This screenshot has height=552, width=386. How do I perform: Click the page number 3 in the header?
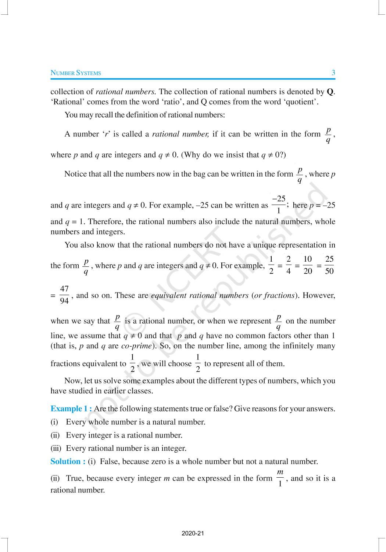coord(333,72)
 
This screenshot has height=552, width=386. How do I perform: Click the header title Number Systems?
coord(76,73)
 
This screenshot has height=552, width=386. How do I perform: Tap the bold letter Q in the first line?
coord(330,92)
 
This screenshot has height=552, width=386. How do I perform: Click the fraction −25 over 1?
coord(279,205)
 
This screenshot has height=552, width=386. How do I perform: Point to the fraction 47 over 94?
coord(64,295)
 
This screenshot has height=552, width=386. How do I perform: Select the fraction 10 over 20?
coord(308,265)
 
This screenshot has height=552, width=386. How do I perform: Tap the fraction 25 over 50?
coord(329,265)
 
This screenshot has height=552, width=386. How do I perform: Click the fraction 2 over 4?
coord(289,265)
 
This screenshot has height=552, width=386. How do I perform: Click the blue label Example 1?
coord(71,408)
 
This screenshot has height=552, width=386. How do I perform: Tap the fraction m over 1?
coord(280,478)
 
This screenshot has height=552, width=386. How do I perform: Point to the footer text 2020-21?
coord(193,533)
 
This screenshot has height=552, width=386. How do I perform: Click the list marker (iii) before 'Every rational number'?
coord(56,448)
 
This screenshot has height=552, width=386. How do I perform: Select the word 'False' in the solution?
coord(110,461)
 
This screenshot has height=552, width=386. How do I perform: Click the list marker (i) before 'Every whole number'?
coord(54,422)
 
